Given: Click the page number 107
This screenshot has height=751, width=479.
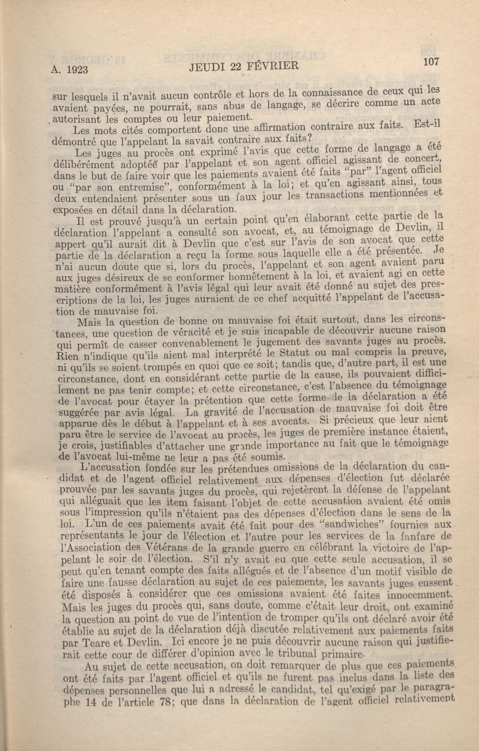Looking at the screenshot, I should pos(431,62).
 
